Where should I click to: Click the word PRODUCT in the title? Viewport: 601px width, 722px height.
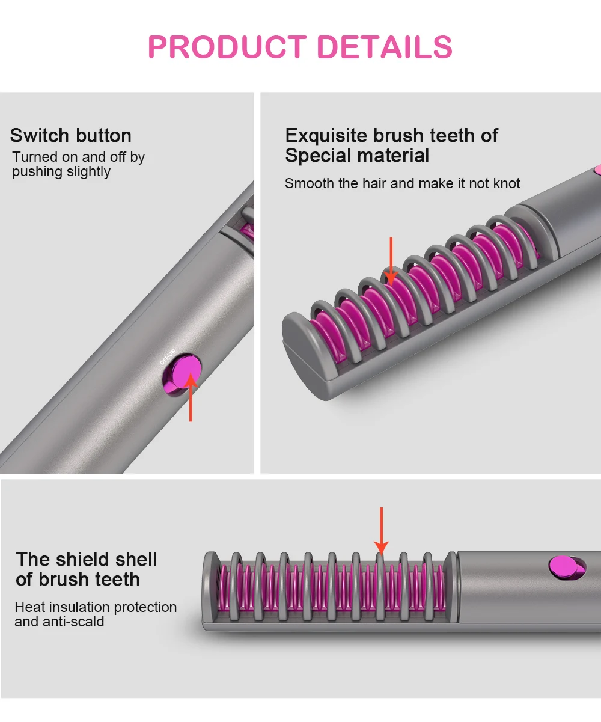click(x=227, y=47)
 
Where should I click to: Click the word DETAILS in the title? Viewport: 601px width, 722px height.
click(x=385, y=47)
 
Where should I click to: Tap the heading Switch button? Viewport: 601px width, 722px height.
click(x=71, y=135)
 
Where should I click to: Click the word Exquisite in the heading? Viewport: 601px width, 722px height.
click(x=326, y=135)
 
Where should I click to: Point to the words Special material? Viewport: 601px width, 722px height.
click(x=357, y=156)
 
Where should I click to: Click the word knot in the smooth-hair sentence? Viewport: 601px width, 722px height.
click(x=506, y=183)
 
